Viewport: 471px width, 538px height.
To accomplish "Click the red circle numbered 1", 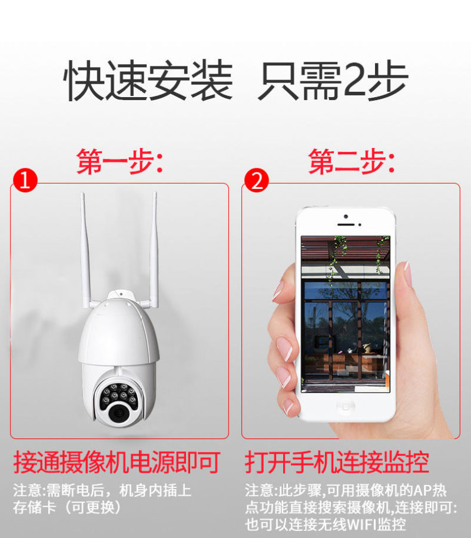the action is (x=25, y=180).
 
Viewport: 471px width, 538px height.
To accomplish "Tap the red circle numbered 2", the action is (x=257, y=180).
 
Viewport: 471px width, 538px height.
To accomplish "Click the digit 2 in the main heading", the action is (x=354, y=79).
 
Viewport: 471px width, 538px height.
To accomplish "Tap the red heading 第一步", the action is (x=119, y=162).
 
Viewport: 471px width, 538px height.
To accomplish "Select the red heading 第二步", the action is (x=351, y=162).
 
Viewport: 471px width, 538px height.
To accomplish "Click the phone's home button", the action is (x=346, y=407).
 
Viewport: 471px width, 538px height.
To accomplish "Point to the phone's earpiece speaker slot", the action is (x=346, y=225).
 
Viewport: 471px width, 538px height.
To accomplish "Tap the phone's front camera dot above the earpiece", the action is (x=346, y=217).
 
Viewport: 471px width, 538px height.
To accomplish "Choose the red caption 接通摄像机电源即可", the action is (x=117, y=462).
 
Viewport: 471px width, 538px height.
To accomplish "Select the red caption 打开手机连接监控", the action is (x=337, y=462).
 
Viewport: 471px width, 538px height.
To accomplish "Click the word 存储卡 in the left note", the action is (x=34, y=507).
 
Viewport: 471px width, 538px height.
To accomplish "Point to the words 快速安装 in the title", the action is (x=148, y=80).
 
